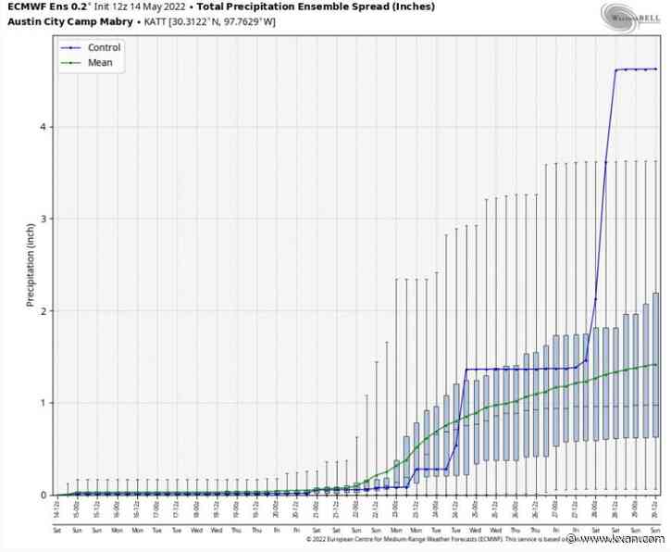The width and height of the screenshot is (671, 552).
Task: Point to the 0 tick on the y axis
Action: [46, 495]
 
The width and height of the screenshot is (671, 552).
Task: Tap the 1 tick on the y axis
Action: [46, 403]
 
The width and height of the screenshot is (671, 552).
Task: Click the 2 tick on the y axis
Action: [46, 311]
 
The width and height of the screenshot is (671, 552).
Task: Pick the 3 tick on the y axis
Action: [46, 219]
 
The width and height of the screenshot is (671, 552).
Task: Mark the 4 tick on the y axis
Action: [46, 127]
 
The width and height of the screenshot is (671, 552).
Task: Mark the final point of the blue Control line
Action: [656, 69]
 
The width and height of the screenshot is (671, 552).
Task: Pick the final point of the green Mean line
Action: [656, 365]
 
